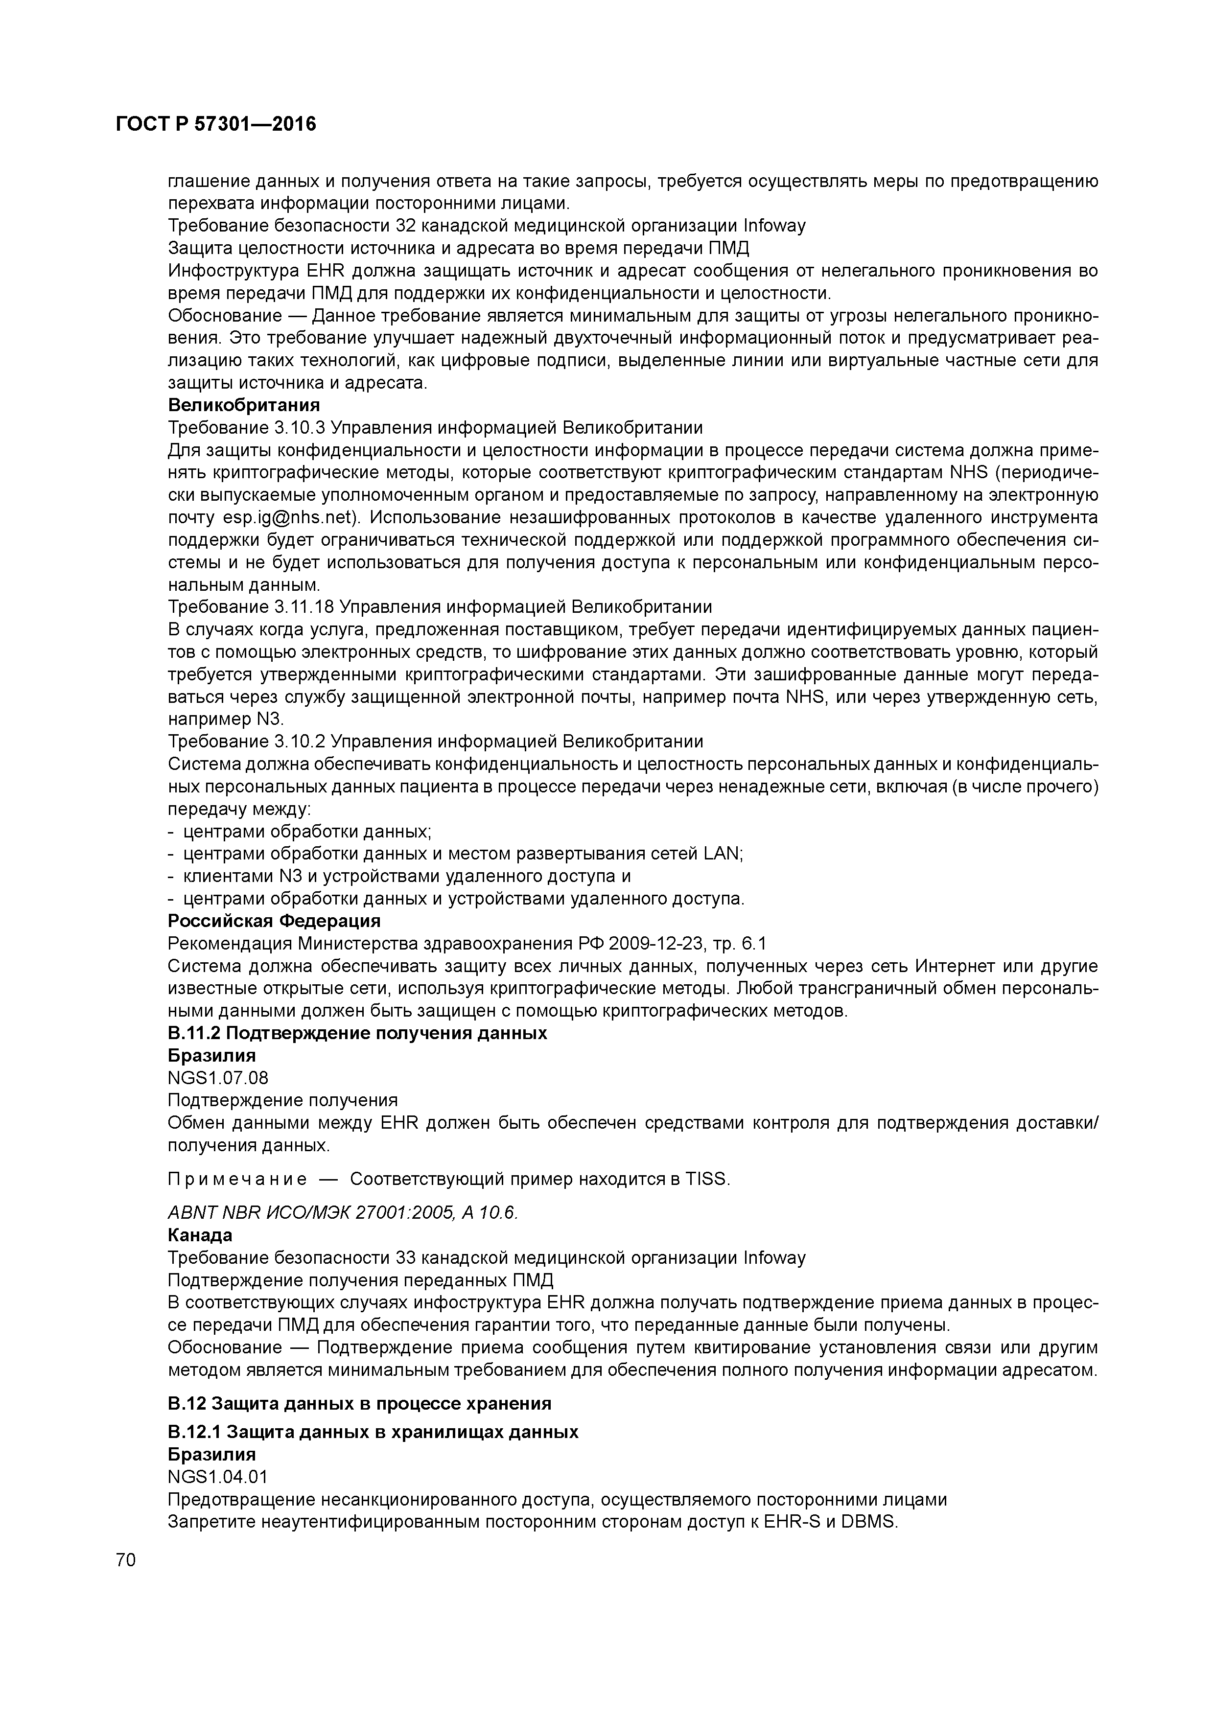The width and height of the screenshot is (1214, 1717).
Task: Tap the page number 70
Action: click(126, 1559)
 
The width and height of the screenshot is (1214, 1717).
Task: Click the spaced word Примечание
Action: click(236, 1179)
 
